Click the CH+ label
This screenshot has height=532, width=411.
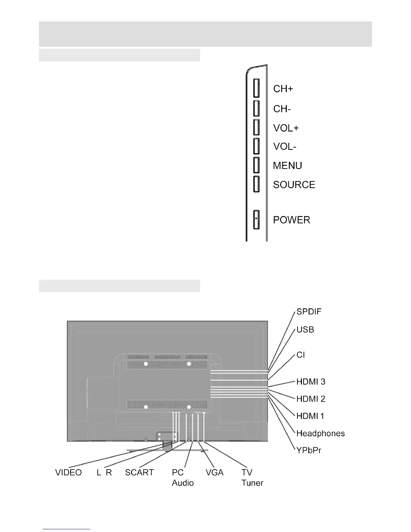coord(283,89)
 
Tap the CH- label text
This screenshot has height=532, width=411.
coord(282,109)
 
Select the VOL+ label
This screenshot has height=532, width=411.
coord(286,128)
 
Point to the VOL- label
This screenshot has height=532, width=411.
coord(285,147)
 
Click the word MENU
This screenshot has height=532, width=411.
coord(287,166)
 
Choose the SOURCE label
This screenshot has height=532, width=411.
coord(294,185)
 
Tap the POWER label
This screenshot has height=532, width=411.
coord(291,220)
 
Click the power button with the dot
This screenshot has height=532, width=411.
coord(256,220)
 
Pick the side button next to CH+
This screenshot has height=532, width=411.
coord(256,88)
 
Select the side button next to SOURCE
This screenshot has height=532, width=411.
coord(256,184)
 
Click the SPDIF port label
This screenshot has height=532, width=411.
coord(309,312)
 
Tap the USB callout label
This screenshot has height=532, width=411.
coord(305,330)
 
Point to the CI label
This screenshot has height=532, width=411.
coord(301,355)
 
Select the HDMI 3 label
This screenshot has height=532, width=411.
coord(311,382)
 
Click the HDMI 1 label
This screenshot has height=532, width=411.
coord(310,416)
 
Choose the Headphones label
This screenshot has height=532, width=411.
coord(320,434)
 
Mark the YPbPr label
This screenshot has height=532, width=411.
coord(309,450)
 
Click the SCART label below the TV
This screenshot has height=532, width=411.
coord(139,473)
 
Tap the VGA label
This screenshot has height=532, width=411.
coord(215,473)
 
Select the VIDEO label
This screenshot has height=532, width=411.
coord(68,473)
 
